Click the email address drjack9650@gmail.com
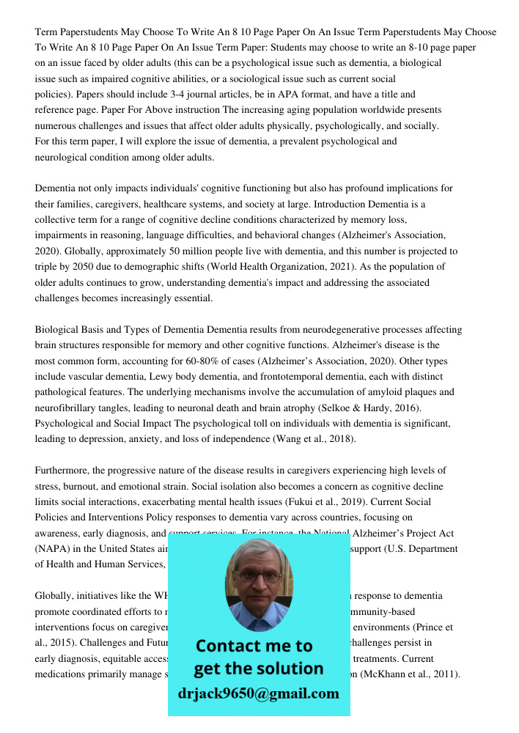pos(258,693)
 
